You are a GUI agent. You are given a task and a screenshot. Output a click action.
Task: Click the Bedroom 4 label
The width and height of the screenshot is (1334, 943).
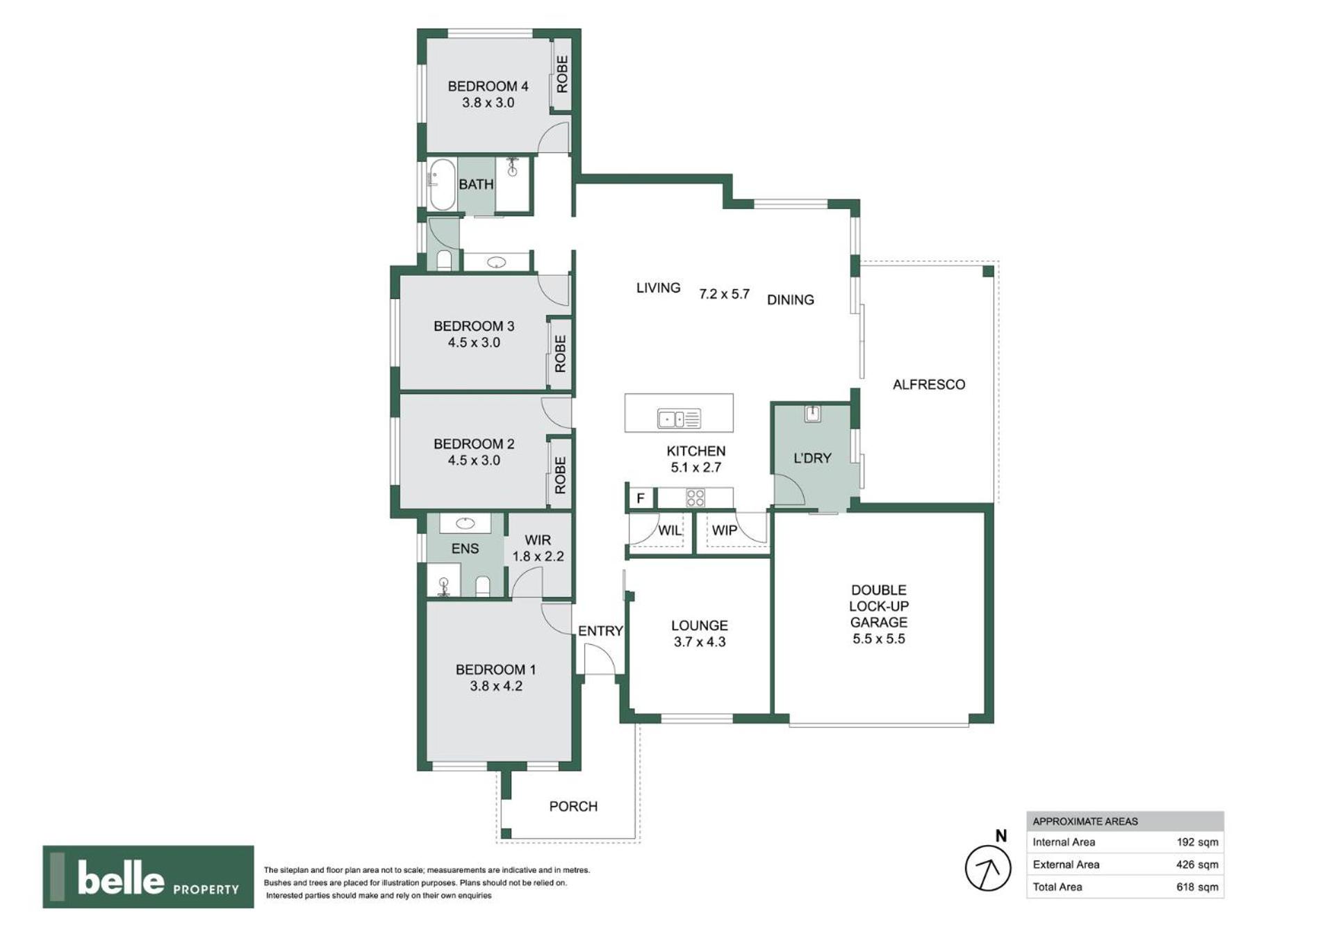click(x=488, y=86)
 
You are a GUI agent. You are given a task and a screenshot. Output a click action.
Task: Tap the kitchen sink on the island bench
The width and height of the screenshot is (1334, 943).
click(x=679, y=418)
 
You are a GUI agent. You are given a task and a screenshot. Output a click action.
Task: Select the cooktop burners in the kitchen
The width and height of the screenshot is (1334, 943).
click(x=695, y=498)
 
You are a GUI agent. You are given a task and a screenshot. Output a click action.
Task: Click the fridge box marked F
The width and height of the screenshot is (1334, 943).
click(x=641, y=498)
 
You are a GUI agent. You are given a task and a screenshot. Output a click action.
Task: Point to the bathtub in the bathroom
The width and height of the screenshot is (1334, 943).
click(x=442, y=184)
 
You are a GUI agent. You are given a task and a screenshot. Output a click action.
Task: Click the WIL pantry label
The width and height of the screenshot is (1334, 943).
click(x=670, y=530)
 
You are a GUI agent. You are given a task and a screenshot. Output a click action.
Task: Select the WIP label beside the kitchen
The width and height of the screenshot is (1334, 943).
click(x=725, y=530)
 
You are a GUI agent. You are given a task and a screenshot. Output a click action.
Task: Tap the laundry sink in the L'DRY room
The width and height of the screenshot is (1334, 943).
click(x=812, y=413)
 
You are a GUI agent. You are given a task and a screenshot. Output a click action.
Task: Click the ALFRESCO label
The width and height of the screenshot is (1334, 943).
click(x=929, y=384)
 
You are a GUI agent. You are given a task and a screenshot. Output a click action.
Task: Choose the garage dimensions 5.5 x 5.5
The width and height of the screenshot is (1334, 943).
click(x=879, y=639)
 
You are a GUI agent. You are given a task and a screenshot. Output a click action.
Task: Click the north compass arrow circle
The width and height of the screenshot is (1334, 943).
click(x=987, y=867)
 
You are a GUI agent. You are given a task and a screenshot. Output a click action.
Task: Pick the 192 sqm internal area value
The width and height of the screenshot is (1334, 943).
click(x=1197, y=842)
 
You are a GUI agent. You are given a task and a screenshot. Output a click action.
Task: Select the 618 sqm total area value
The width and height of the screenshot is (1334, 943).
click(x=1197, y=887)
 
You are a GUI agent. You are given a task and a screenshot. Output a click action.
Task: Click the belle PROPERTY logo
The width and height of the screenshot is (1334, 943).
click(x=148, y=876)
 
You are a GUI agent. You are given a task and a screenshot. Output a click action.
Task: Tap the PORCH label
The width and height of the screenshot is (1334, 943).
click(x=573, y=806)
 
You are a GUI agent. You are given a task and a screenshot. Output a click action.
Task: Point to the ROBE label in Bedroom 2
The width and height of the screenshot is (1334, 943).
click(x=560, y=475)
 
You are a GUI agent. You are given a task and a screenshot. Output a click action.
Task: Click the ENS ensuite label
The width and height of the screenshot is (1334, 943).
click(x=465, y=548)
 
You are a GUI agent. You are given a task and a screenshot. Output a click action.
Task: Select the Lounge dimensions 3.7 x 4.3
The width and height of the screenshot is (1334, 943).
click(x=700, y=642)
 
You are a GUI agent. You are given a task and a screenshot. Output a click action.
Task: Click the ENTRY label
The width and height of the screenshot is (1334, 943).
click(x=600, y=631)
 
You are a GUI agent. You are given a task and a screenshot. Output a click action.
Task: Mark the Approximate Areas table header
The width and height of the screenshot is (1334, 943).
click(x=1125, y=821)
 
